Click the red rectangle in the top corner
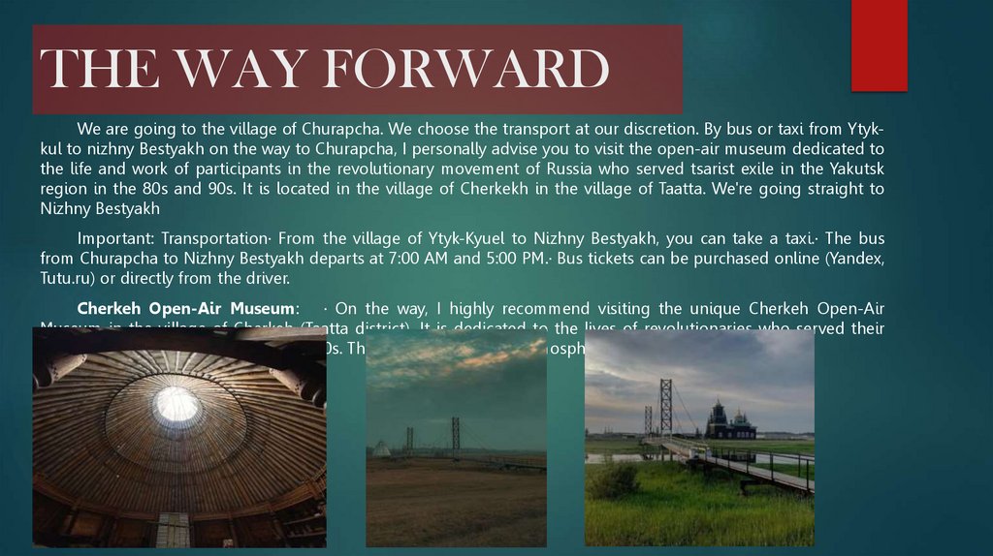[x=879, y=46]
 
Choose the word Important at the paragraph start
[x=115, y=238]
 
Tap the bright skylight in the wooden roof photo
[x=177, y=404]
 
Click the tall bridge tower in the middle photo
[x=455, y=436]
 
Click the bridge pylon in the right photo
[x=665, y=407]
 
